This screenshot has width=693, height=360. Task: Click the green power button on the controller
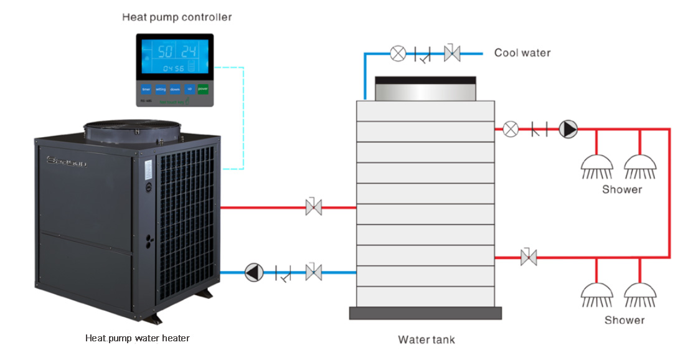203,89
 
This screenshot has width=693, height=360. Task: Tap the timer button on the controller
146,89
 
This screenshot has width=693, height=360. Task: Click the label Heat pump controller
177,17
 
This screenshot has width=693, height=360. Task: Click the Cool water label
522,53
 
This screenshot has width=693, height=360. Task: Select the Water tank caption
427,339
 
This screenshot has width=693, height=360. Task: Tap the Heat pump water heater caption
138,338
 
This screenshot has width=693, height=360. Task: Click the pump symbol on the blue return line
253,272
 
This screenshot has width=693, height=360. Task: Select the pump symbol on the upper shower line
568,129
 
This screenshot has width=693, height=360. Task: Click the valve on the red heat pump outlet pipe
314,207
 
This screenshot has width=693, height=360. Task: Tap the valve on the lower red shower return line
529,257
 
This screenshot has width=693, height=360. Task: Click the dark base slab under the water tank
425,313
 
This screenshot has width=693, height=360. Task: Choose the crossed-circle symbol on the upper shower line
511,129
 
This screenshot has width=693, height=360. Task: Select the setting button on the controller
161,89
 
